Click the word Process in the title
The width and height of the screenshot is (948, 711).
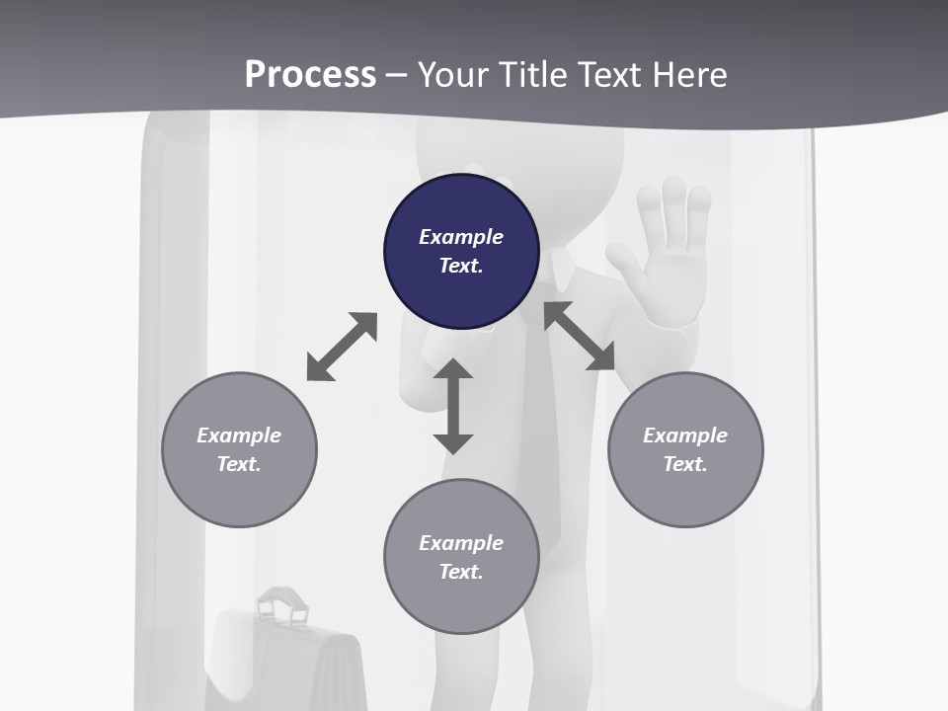310,74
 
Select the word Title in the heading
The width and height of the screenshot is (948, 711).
534,74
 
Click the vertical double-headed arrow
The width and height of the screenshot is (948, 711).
453,406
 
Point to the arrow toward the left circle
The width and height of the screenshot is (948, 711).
342,347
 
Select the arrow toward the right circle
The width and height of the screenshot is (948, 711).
580,336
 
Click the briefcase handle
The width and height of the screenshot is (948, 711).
283,603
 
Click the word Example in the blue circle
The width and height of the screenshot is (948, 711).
461,237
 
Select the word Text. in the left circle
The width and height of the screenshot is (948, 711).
239,464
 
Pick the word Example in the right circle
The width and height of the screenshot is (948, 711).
685,435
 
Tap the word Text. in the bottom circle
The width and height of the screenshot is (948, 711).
461,572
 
